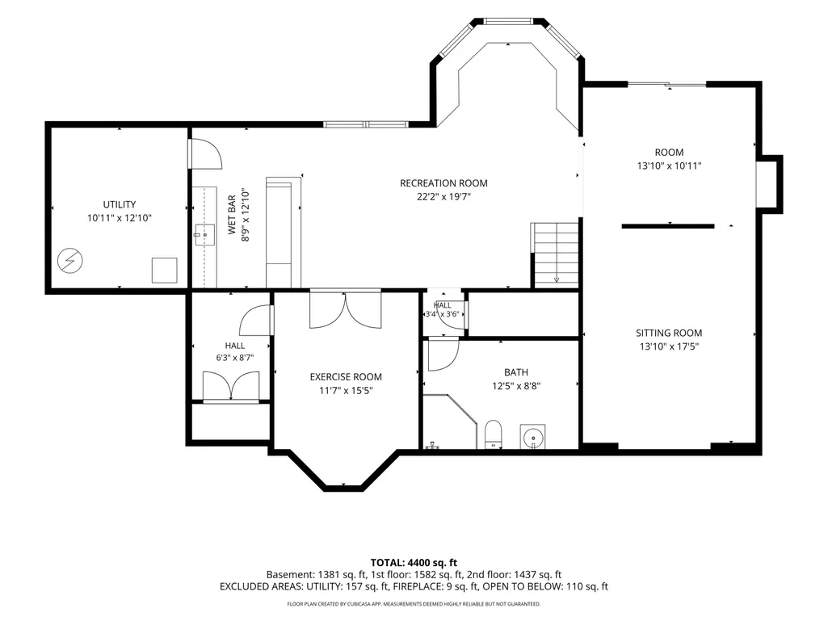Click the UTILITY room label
pyautogui.click(x=120, y=204)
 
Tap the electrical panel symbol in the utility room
pyautogui.click(x=69, y=260)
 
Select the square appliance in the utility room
pyautogui.click(x=165, y=271)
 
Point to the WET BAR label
pyautogui.click(x=232, y=215)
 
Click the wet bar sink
pyautogui.click(x=204, y=234)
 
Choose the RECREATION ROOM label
pyautogui.click(x=443, y=183)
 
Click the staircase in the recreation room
pyautogui.click(x=555, y=254)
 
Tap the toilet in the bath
pyautogui.click(x=494, y=434)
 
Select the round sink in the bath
pyautogui.click(x=533, y=437)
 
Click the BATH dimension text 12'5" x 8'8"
pyautogui.click(x=516, y=386)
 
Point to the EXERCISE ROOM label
pyautogui.click(x=346, y=377)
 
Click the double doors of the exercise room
pyautogui.click(x=346, y=310)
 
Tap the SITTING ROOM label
pyautogui.click(x=669, y=334)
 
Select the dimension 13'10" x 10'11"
pyautogui.click(x=669, y=166)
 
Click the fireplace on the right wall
pyautogui.click(x=769, y=184)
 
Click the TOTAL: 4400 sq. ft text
pyautogui.click(x=414, y=562)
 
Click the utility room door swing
pyautogui.click(x=206, y=154)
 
